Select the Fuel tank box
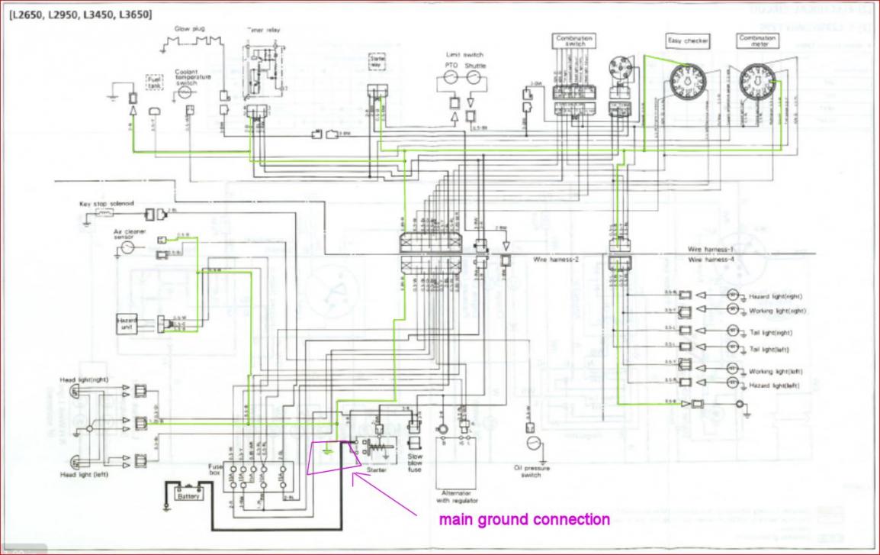coord(154,81)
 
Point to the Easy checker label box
coord(688,40)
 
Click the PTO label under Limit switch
coord(452,66)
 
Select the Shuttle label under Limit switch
coord(475,66)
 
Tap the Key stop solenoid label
coord(107,204)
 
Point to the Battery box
coord(188,495)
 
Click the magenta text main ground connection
coord(524,520)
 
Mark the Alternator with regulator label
coord(456,497)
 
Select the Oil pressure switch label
coord(532,471)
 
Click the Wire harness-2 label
coord(557,260)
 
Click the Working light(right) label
coord(776,311)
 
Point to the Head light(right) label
coord(84,379)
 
